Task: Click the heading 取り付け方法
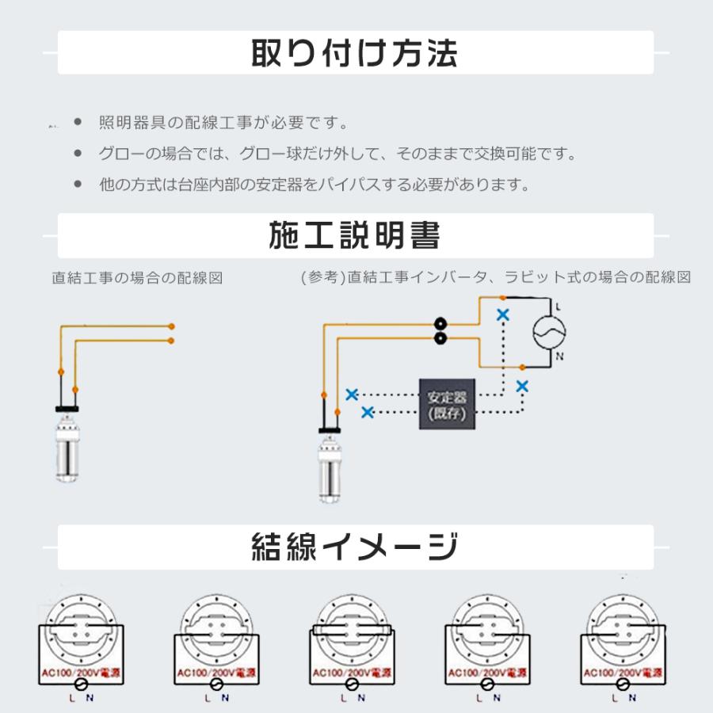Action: (354, 54)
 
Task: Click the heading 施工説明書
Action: (354, 236)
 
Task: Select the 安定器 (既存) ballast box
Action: (446, 404)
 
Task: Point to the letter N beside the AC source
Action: (559, 357)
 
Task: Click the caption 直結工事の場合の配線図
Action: (136, 278)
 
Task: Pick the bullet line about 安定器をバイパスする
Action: (313, 185)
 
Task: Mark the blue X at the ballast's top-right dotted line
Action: (502, 315)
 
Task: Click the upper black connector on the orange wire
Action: (441, 323)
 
